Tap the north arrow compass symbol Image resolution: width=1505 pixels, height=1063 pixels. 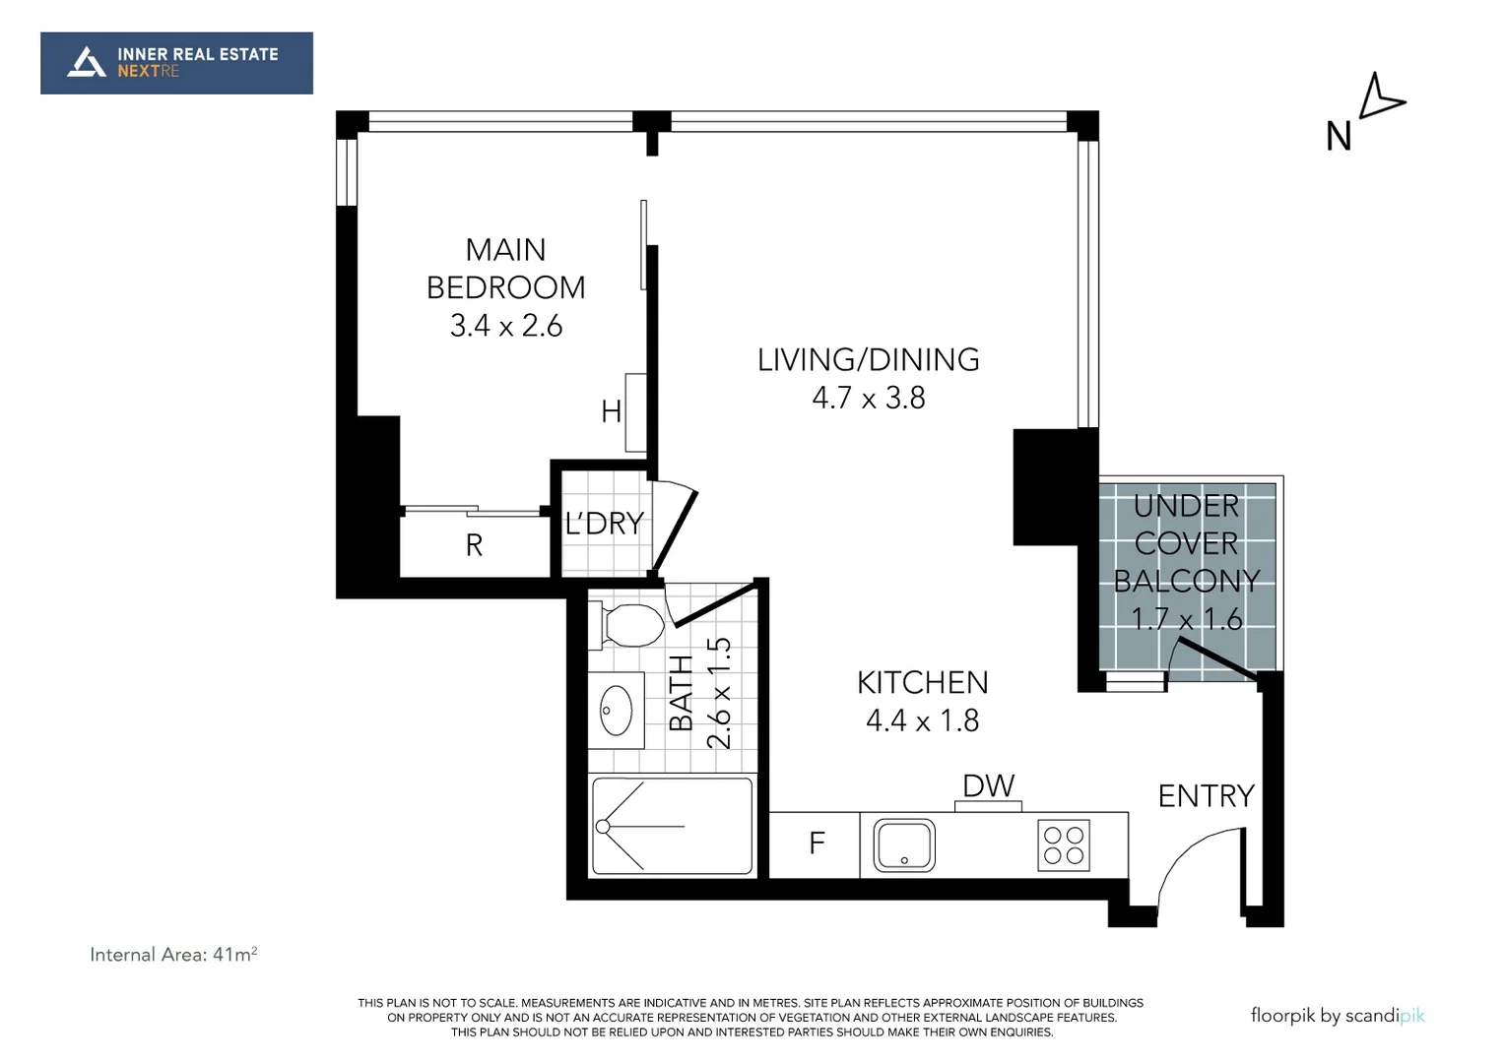[x=1381, y=97]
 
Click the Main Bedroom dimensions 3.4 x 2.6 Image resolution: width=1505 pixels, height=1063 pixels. [x=505, y=326]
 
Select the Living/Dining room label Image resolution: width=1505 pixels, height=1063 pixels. [x=868, y=360]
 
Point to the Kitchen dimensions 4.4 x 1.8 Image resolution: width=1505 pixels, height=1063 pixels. [x=922, y=720]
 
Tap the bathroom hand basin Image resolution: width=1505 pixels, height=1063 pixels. [x=618, y=709]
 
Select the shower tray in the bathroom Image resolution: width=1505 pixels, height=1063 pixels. [x=673, y=825]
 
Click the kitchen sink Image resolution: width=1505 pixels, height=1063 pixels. [x=904, y=845]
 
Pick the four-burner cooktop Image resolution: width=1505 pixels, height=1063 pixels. [x=1064, y=845]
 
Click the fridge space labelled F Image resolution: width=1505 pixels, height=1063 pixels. [x=816, y=844]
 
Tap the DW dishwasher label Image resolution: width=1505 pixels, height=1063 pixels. [x=988, y=785]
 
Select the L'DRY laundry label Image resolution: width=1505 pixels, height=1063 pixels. [x=604, y=524]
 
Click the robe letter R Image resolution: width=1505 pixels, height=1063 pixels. [x=474, y=545]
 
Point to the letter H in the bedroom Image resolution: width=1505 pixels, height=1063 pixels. [x=611, y=411]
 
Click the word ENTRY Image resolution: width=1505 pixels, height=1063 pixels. [x=1205, y=795]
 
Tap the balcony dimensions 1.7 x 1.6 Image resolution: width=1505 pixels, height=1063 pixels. [x=1186, y=619]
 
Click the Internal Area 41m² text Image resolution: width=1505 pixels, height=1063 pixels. [x=173, y=954]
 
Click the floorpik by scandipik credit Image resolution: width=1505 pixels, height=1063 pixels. [x=1337, y=1016]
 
